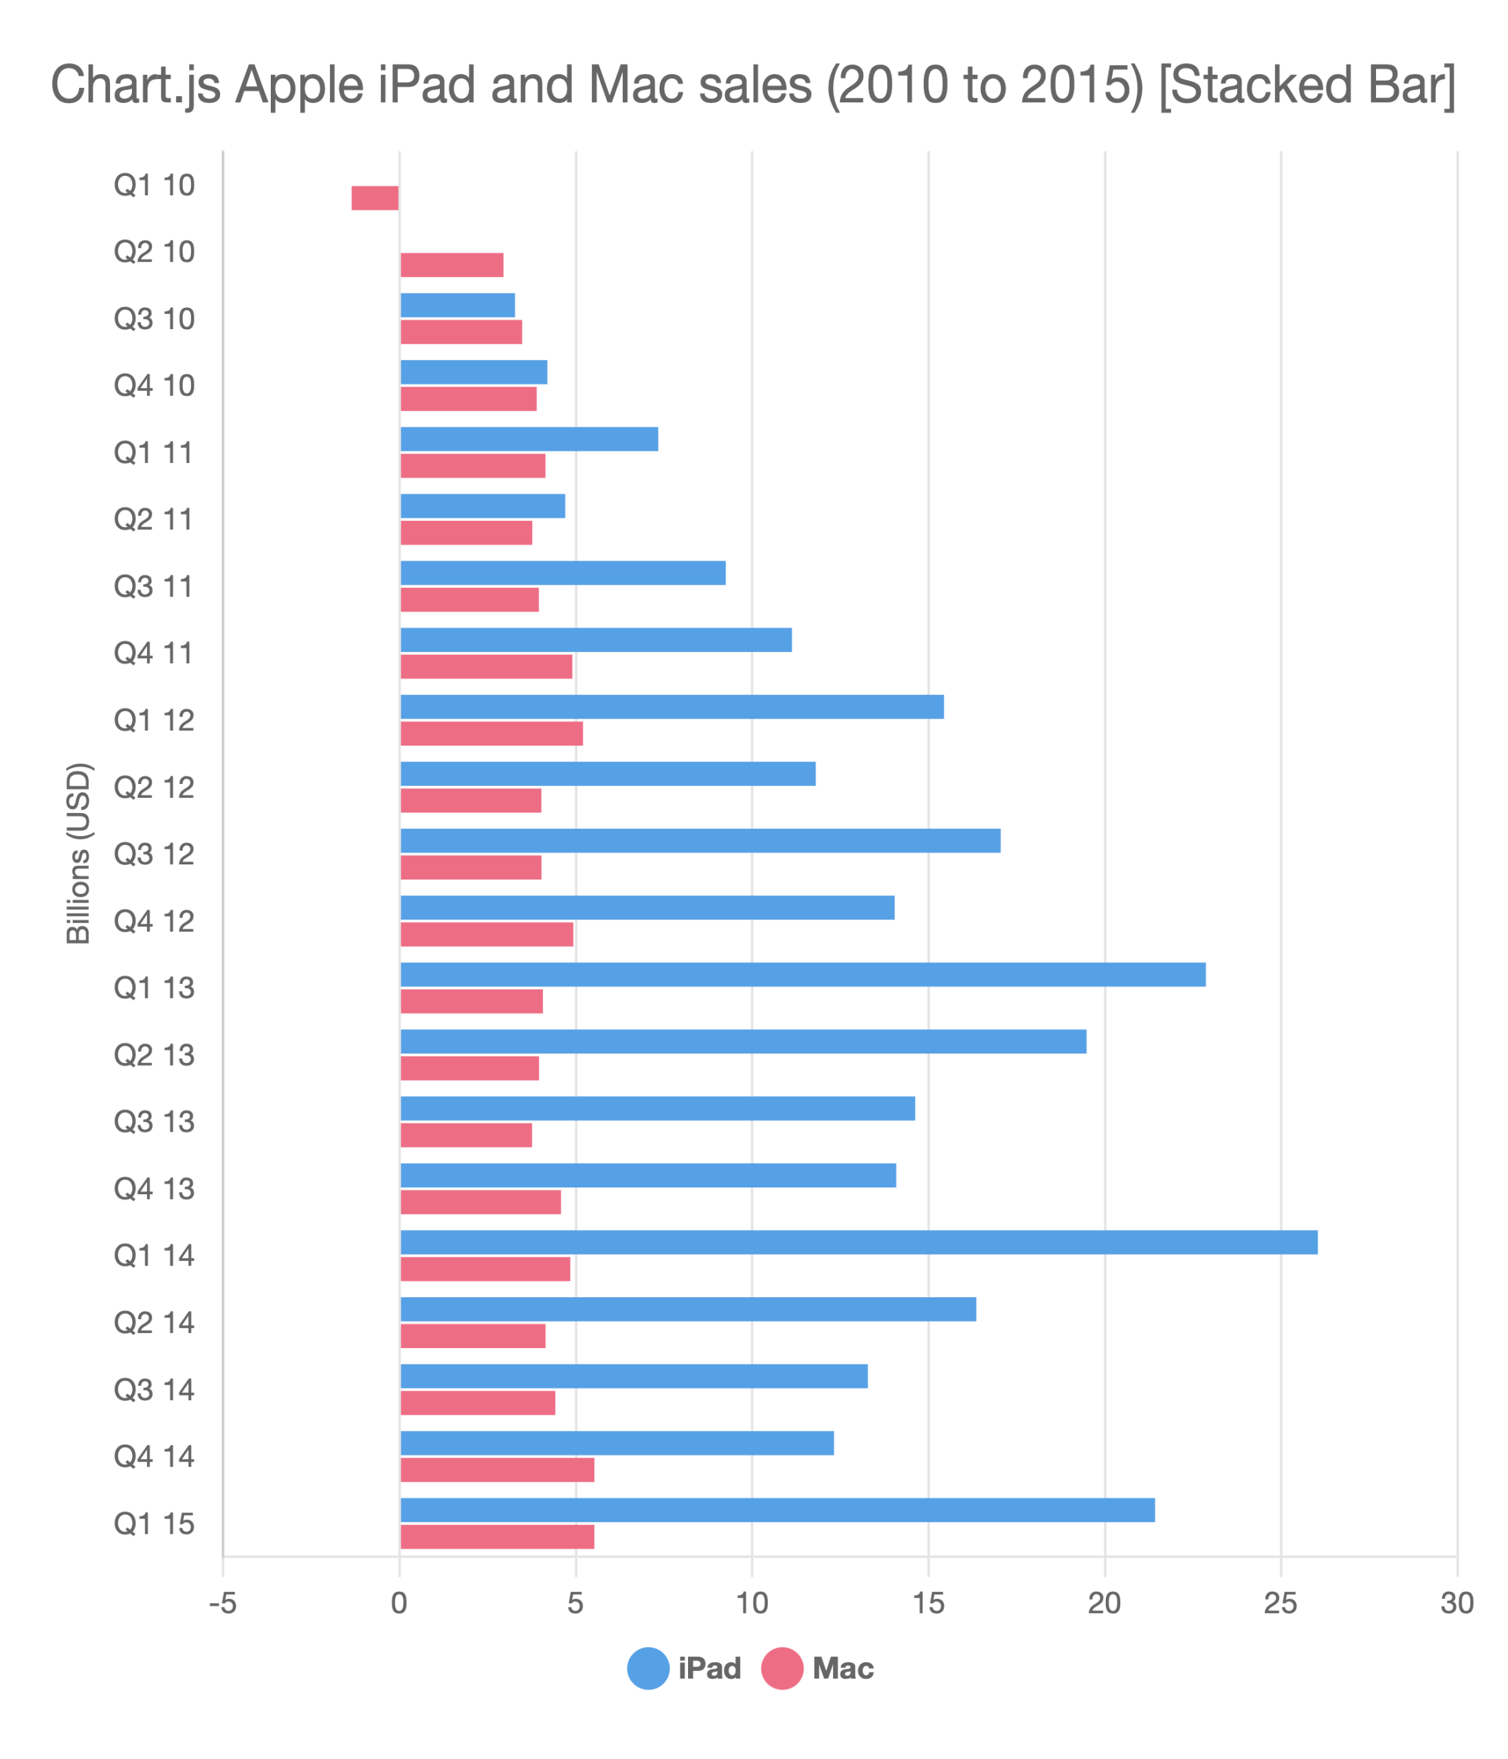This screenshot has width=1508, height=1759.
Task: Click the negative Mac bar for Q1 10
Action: [375, 198]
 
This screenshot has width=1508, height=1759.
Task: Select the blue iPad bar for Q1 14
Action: [858, 1242]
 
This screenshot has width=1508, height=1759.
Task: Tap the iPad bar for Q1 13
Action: [802, 974]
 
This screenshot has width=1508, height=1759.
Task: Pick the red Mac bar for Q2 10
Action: [452, 265]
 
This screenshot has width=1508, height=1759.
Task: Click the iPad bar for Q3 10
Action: [458, 305]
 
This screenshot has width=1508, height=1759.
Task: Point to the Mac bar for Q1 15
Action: [497, 1536]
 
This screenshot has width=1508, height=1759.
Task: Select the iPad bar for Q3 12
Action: [700, 840]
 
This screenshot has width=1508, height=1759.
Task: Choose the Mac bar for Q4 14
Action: [497, 1470]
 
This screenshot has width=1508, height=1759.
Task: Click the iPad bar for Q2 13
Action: [743, 1042]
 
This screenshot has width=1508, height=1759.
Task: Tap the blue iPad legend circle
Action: [649, 1668]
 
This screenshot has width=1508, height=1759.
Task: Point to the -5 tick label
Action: [223, 1603]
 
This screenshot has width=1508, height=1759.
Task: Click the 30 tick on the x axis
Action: [1457, 1603]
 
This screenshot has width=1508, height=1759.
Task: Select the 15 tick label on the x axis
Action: [928, 1603]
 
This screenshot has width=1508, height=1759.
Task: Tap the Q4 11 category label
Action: [154, 653]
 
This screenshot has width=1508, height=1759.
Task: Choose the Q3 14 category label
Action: [154, 1390]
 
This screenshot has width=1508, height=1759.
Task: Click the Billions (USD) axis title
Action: [78, 853]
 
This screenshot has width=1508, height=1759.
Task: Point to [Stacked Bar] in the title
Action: [1307, 85]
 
